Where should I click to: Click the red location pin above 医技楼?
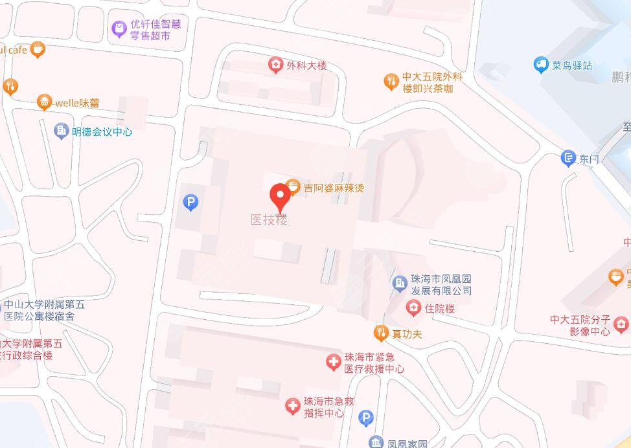280,196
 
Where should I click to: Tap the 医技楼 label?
269,220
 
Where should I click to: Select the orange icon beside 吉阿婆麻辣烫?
293,188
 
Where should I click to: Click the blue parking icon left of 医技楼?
190,203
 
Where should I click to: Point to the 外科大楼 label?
306,65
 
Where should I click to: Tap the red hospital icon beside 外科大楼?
276,65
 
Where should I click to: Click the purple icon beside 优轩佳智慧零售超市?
119,29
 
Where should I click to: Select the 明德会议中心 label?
102,131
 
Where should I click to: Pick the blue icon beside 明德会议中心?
62,131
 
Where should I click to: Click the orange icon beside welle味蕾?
44,102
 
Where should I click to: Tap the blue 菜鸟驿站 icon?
541,65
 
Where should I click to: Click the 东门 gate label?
589,159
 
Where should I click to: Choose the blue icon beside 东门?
568,158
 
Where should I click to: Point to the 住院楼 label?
440,308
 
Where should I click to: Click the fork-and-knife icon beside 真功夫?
381,333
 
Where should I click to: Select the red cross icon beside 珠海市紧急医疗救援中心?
334,363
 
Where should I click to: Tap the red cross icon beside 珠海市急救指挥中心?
293,407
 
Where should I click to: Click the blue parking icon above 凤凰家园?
366,418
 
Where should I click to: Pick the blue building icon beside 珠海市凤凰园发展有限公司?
400,282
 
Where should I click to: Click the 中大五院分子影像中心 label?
580,325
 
